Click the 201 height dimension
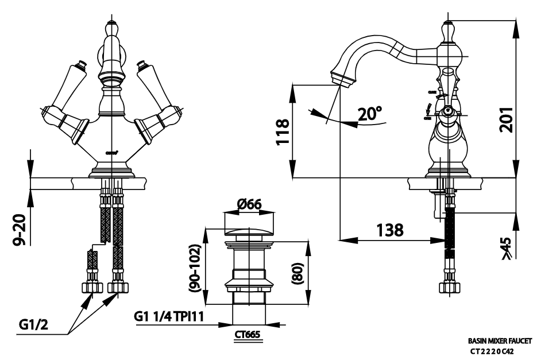506,113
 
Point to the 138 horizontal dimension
391,230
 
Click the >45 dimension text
506,249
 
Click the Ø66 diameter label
249,204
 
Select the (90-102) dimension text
196,266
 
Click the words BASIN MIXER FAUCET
500,340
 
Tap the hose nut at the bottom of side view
449,287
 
